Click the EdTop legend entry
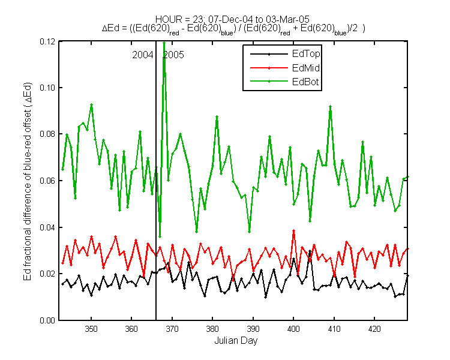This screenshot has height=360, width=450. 306,53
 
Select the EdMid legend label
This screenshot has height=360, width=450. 306,68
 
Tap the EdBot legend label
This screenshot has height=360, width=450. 305,82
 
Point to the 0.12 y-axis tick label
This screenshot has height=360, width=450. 47,41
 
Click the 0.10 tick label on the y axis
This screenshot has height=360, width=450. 47,88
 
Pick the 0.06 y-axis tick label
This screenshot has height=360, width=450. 47,181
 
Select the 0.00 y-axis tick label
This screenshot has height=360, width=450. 47,320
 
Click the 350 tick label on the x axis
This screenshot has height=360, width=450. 91,329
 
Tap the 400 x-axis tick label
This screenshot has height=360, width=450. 293,329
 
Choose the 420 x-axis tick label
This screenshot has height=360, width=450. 374,329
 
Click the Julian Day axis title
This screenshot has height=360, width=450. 236,341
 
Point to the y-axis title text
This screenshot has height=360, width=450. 28,181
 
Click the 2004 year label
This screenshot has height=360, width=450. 143,55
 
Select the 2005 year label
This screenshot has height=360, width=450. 173,55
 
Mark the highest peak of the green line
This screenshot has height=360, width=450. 164,43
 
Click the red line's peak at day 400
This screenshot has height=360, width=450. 293,230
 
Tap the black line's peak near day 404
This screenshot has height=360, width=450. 310,251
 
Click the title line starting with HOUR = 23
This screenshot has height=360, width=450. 232,19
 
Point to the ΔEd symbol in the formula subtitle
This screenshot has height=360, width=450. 110,28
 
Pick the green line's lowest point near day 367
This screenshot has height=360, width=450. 160,237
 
